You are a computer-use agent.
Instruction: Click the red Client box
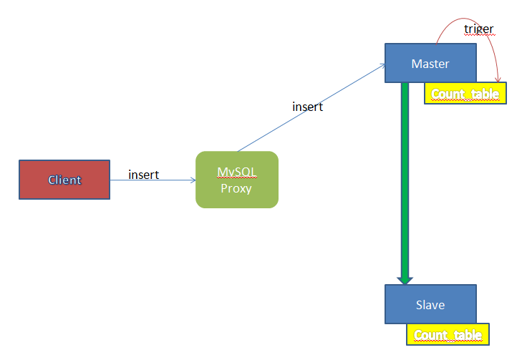(x=64, y=180)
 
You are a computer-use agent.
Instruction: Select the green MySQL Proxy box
(x=236, y=180)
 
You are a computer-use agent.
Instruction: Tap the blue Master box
(x=430, y=63)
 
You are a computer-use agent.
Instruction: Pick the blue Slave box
(x=430, y=305)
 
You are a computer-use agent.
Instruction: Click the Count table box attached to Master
(x=465, y=94)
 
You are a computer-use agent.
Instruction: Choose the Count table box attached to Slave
(x=448, y=335)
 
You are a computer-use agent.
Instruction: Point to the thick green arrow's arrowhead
(x=405, y=279)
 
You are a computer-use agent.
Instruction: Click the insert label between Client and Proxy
(x=143, y=175)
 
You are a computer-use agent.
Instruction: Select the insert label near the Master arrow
(x=307, y=107)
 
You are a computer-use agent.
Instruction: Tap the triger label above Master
(x=478, y=29)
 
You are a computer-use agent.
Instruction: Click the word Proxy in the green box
(x=236, y=188)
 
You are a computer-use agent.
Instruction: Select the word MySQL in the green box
(x=236, y=172)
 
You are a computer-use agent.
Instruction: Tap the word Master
(x=430, y=64)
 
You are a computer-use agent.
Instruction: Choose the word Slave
(x=430, y=305)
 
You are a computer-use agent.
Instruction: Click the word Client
(x=64, y=180)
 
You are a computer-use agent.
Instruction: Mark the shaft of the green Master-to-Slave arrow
(x=405, y=179)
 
